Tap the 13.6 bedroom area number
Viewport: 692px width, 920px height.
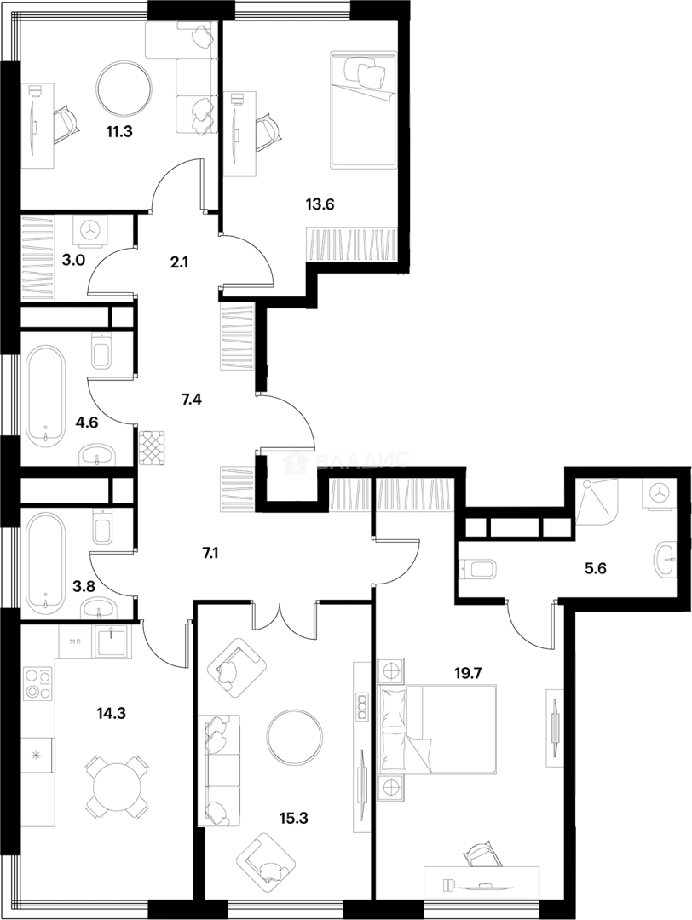tap(319, 204)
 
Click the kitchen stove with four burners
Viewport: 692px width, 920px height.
tap(38, 682)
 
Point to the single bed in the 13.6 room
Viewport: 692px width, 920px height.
tap(363, 111)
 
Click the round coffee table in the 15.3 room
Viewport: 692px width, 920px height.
tap(295, 738)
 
